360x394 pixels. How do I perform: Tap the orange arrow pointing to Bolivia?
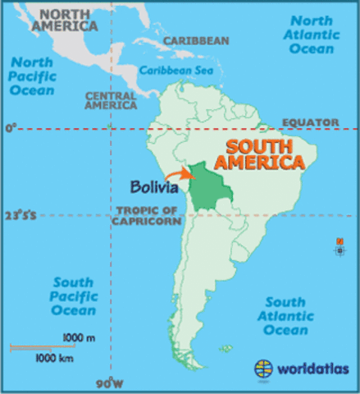point(177,173)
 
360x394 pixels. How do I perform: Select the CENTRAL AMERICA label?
point(110,100)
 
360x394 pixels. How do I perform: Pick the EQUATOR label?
point(310,122)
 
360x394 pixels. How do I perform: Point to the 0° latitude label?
point(10,129)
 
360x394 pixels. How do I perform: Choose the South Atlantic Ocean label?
point(285,316)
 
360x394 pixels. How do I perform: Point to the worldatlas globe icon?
point(264,369)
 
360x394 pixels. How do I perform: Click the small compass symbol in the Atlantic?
point(339,245)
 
